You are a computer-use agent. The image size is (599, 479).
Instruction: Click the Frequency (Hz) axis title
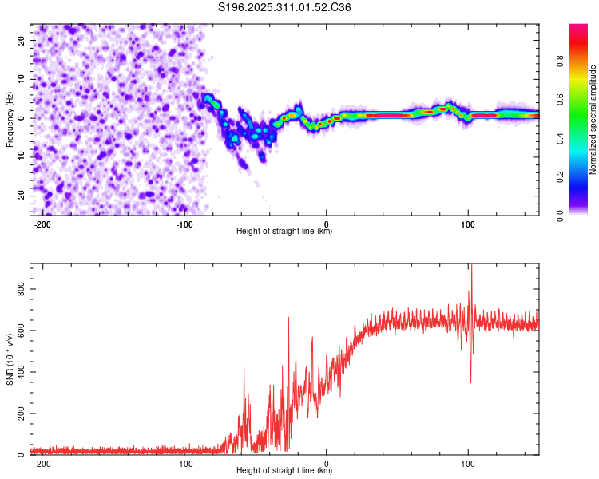coord(10,120)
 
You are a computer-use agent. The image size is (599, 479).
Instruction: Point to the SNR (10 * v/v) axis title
coord(10,360)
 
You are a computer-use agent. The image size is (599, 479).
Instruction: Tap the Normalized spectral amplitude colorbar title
coord(593,120)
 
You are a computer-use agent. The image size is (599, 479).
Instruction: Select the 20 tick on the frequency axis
coord(22,40)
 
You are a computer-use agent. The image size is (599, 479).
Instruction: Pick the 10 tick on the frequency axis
coord(22,79)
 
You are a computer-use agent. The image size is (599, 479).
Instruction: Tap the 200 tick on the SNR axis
coord(22,414)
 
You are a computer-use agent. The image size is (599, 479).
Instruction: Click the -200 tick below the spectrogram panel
coord(43,224)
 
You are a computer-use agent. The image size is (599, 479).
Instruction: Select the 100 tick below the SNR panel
coord(469,463)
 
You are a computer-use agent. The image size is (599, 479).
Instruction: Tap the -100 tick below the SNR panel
coord(185,463)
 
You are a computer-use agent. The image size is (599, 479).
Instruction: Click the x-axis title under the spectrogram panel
coord(284,232)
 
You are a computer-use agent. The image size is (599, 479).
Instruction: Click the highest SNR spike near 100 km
coord(471,266)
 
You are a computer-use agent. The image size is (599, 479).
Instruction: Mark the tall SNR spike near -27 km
coord(288,318)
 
